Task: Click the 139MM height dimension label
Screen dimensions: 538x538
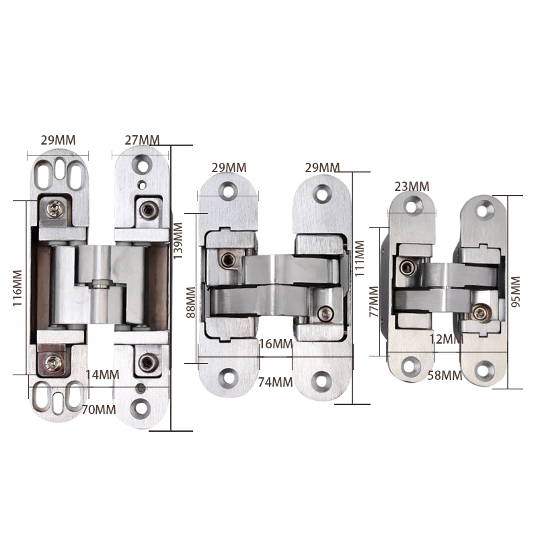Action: (178, 241)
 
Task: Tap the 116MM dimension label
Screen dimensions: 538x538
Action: (17, 288)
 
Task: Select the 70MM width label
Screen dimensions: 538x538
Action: (99, 410)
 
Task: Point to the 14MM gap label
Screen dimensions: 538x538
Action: (102, 375)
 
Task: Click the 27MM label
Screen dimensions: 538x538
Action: (142, 140)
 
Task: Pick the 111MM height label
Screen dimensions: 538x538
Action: (359, 258)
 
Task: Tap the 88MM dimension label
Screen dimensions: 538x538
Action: (191, 302)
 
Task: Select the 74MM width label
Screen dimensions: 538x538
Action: (276, 382)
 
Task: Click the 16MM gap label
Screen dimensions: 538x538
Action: (276, 344)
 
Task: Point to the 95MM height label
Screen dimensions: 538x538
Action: (516, 292)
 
